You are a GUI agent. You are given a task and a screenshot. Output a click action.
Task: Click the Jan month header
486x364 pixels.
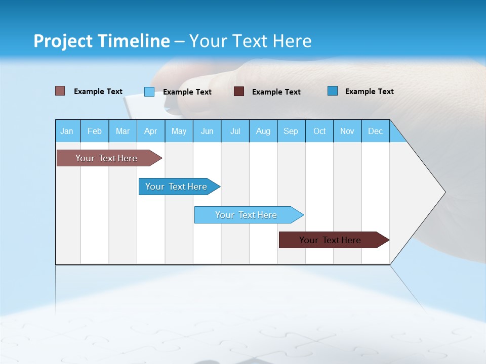click(x=67, y=131)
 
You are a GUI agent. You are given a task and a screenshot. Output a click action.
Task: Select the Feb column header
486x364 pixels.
click(x=95, y=131)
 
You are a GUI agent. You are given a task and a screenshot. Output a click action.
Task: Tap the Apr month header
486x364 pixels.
click(x=151, y=131)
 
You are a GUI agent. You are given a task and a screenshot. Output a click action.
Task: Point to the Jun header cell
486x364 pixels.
click(x=207, y=131)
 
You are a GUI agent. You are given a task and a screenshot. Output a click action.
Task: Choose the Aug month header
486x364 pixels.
click(x=263, y=131)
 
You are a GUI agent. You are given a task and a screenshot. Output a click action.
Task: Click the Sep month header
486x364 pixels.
click(x=291, y=131)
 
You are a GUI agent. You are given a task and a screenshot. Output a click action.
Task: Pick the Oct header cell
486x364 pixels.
click(x=319, y=131)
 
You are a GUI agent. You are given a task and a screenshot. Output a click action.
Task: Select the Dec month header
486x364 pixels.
click(x=376, y=131)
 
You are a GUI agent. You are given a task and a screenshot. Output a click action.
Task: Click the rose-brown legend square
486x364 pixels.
click(x=60, y=91)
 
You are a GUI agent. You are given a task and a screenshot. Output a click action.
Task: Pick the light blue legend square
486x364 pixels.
click(x=149, y=92)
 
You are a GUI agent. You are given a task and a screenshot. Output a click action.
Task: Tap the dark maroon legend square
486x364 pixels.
click(x=239, y=92)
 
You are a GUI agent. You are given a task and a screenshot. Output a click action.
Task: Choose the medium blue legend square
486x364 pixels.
click(x=333, y=91)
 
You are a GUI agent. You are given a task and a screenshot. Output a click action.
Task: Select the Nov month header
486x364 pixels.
click(x=347, y=131)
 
